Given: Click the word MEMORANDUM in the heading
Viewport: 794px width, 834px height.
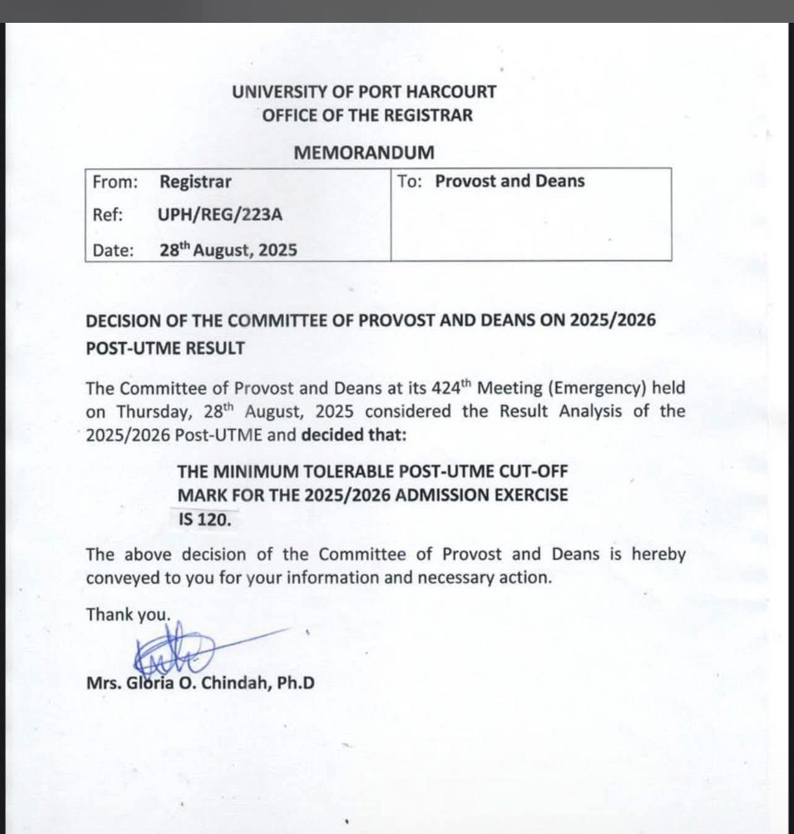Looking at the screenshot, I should [x=364, y=152].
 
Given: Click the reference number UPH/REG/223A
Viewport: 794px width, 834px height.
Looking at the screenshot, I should [x=220, y=215].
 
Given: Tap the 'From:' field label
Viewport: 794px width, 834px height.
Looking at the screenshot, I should [x=115, y=182].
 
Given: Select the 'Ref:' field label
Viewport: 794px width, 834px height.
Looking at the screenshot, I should [x=108, y=215].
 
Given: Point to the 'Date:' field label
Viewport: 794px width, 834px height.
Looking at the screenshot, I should [x=113, y=250].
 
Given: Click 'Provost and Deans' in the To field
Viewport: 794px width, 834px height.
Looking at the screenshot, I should [x=510, y=181].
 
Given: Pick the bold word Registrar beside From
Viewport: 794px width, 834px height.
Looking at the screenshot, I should [x=195, y=182].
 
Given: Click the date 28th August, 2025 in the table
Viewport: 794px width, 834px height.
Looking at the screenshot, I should [x=228, y=250].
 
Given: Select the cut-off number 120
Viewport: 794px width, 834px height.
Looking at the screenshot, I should [x=214, y=519].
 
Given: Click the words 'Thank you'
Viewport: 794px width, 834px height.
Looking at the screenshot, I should [x=127, y=615].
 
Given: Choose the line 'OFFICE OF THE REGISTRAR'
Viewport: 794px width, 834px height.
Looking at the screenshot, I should [x=367, y=116].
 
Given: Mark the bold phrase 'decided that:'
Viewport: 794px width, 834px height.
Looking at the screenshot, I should [x=354, y=435].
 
